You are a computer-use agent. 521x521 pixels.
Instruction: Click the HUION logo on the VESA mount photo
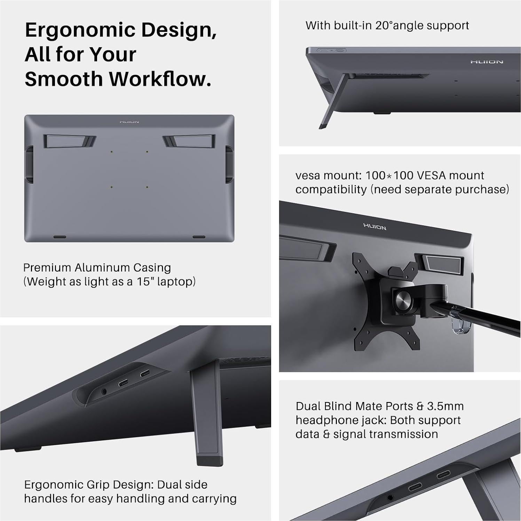pyautogui.click(x=374, y=227)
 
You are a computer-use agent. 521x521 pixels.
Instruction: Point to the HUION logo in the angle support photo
pyautogui.click(x=487, y=62)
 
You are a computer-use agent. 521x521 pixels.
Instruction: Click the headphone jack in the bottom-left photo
pyautogui.click(x=104, y=392)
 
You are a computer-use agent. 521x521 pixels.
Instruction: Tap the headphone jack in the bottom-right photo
pyautogui.click(x=390, y=498)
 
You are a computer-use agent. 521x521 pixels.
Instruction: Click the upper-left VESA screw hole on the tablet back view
pyautogui.click(x=111, y=152)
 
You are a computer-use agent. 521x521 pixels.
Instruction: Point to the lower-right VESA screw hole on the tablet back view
pyautogui.click(x=147, y=187)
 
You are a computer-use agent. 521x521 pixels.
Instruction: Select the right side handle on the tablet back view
pyautogui.click(x=229, y=164)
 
